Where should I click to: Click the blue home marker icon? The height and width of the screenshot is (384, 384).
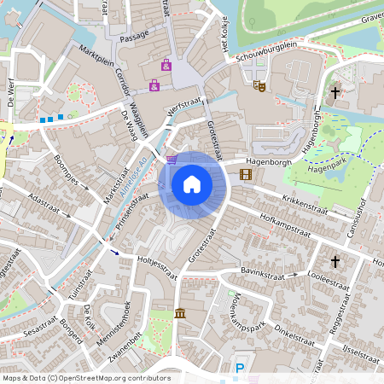tap(192, 184)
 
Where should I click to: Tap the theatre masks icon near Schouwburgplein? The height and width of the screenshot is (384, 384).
tap(259, 84)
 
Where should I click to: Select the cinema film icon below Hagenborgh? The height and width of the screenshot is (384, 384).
tap(247, 175)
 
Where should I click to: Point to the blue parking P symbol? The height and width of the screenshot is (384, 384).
tap(240, 369)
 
